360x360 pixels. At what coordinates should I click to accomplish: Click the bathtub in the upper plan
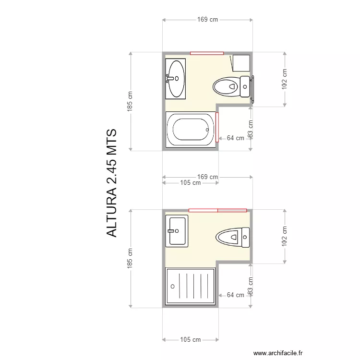191,130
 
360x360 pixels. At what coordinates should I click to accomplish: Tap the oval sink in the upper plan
176,79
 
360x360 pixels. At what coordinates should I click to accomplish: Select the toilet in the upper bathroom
231,86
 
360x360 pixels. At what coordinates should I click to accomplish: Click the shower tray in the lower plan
191,286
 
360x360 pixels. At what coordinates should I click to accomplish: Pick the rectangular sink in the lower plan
177,231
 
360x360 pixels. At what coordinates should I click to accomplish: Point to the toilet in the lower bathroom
233,238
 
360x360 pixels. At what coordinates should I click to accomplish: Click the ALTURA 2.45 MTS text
112,183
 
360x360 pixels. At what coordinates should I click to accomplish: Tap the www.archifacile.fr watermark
278,353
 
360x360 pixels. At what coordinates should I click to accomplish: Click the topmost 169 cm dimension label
207,20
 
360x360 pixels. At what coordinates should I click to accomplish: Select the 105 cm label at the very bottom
191,339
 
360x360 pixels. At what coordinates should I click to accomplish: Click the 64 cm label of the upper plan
235,138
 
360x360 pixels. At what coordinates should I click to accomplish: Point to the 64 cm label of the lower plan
235,295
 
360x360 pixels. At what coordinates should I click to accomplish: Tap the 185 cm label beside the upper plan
130,101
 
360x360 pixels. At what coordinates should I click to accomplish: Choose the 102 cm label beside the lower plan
285,236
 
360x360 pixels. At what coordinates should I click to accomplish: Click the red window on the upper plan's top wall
207,53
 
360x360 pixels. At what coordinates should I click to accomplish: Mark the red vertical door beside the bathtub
217,127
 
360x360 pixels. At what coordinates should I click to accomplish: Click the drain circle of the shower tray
173,286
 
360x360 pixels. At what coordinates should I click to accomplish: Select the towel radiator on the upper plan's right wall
252,90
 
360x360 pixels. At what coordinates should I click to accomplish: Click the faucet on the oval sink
170,79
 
